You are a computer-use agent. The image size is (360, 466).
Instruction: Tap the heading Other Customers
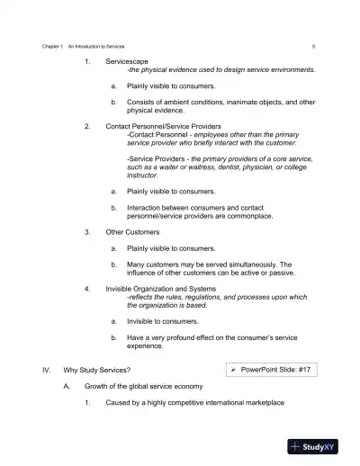(132, 231)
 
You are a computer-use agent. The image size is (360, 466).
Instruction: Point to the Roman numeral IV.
(45, 370)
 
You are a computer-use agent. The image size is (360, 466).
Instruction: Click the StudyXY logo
(313, 445)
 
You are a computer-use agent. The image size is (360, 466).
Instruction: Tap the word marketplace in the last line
(261, 402)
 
